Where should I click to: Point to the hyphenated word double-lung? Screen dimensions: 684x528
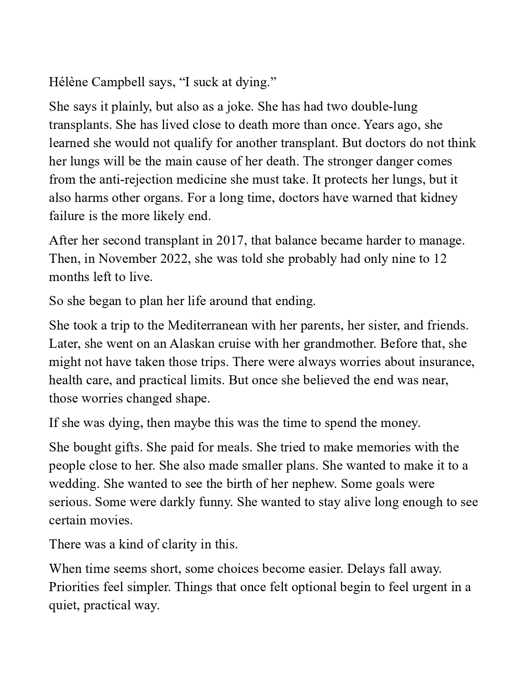384,107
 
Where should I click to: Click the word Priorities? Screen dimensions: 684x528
74,587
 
